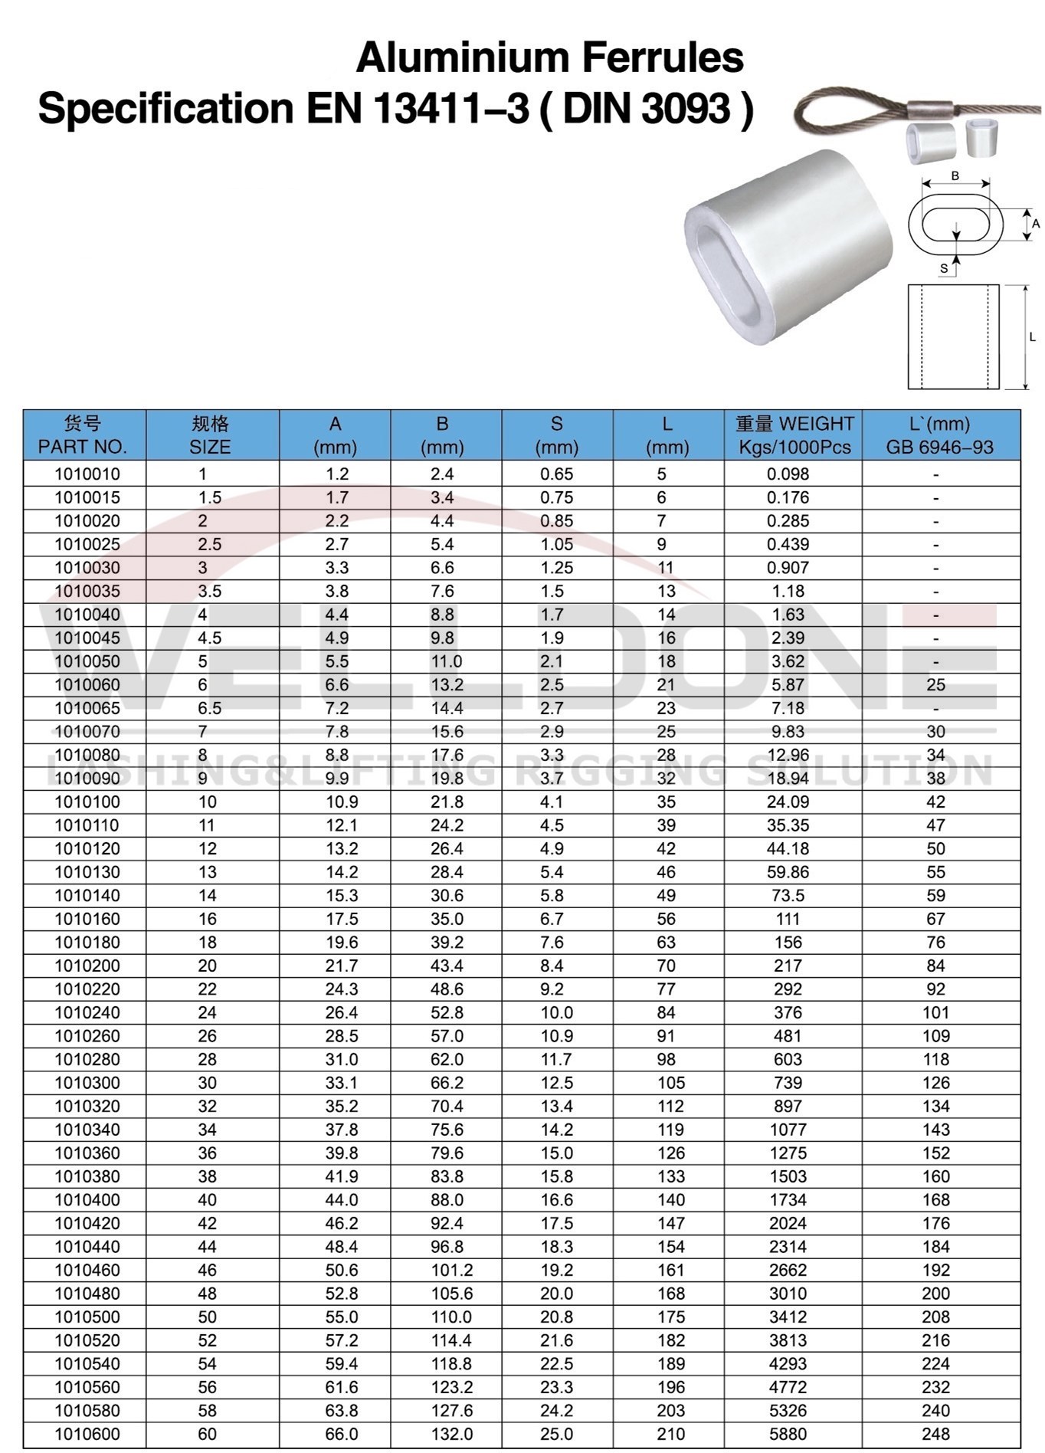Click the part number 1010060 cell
(87, 684)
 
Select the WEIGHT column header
(794, 435)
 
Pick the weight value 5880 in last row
(788, 1433)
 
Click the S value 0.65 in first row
(556, 474)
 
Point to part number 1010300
(87, 1082)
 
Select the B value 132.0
(447, 1433)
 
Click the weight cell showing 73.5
(788, 895)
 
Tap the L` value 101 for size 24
(935, 1012)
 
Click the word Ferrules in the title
(663, 57)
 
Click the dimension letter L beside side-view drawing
(1032, 336)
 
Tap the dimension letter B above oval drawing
(955, 175)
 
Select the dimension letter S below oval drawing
(944, 268)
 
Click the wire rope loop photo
(850, 115)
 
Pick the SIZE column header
(210, 435)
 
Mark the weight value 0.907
(788, 567)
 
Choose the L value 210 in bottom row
(670, 1433)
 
